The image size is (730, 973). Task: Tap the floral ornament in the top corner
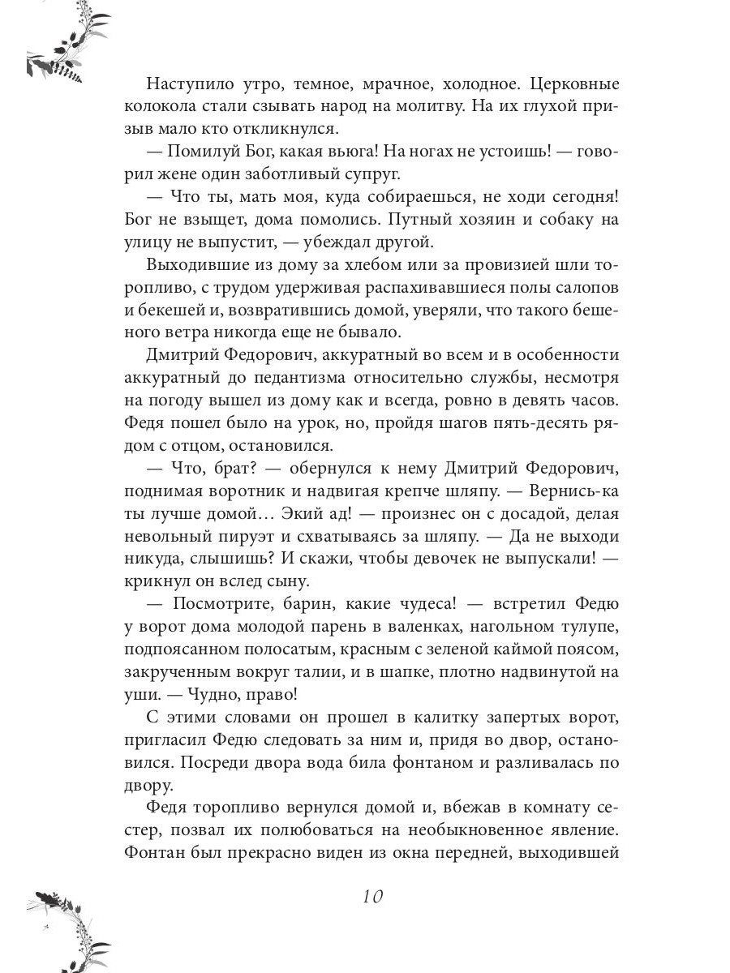coord(61,45)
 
